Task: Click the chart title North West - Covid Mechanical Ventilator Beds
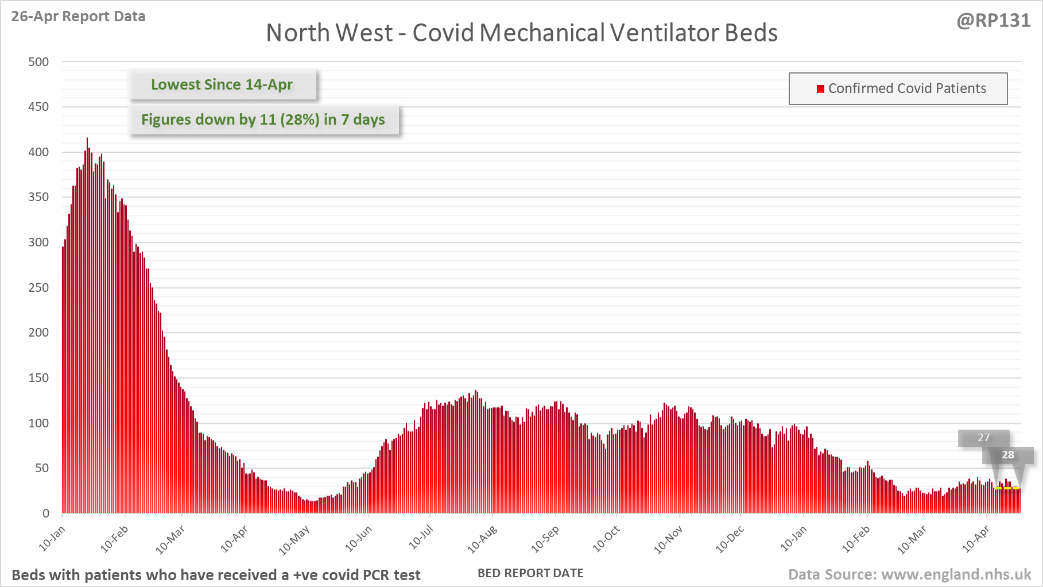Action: pos(521,33)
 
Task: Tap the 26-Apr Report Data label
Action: pos(78,16)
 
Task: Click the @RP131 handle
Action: pos(993,21)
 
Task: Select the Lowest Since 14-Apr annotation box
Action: pos(222,84)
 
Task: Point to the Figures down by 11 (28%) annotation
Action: pos(263,119)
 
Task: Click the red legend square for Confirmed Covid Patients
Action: pos(820,88)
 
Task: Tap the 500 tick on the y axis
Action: pos(38,61)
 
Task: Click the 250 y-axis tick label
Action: pos(38,287)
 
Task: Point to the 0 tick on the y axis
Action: pos(46,513)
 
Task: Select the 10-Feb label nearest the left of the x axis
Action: pos(114,539)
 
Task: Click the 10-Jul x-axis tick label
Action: pos(421,538)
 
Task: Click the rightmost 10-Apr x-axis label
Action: pos(976,539)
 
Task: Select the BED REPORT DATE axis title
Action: pos(530,573)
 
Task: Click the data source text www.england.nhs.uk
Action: pos(956,574)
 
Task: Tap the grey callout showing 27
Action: pos(983,438)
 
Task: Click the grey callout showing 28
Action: pos(1008,455)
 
